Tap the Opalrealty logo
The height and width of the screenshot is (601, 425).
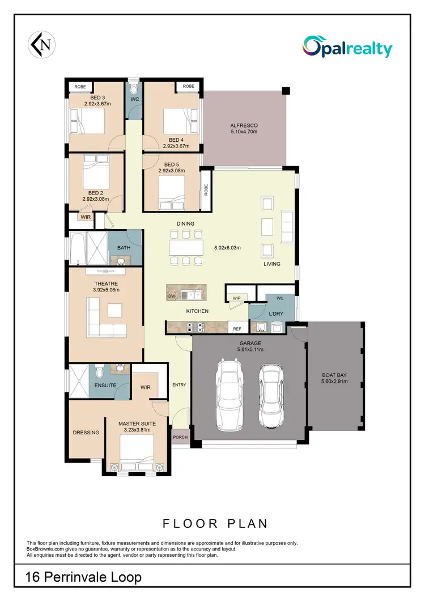[347, 47]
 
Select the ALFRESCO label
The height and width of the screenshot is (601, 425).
[244, 125]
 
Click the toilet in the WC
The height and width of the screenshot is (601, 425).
[134, 89]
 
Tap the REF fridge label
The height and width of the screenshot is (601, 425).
[237, 328]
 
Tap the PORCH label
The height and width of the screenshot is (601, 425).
[180, 437]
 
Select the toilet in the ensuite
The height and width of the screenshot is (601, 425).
[99, 371]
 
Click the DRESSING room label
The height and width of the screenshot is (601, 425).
[86, 433]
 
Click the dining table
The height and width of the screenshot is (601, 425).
[186, 248]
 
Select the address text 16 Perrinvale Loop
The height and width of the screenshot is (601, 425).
[83, 577]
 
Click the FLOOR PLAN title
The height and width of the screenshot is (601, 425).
[215, 523]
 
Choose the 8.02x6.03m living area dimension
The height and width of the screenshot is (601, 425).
[227, 248]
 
